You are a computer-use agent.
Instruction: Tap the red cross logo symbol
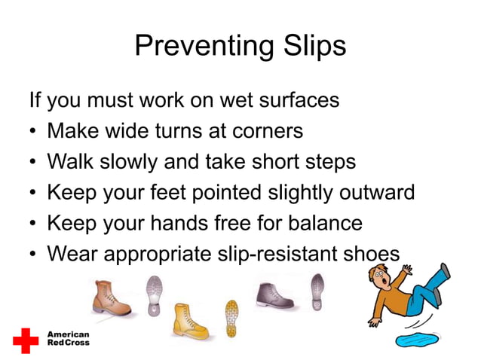pos(26,340)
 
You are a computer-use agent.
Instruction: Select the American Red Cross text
pos(68,339)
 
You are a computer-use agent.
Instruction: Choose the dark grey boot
pos(276,294)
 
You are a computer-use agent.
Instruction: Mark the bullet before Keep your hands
pos(33,224)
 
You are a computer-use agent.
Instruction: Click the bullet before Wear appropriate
pos(33,255)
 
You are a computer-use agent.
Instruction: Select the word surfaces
pos(293,100)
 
